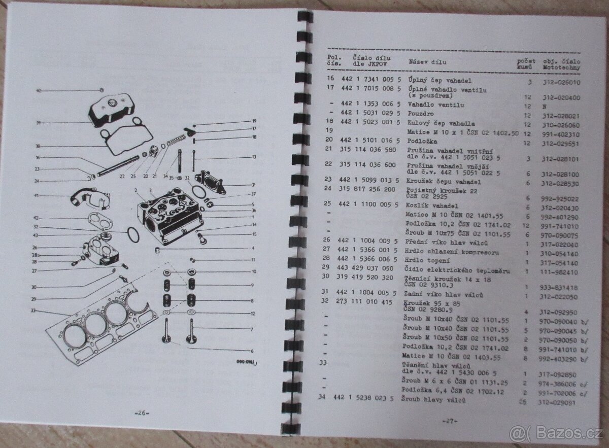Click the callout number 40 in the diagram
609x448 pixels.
click(x=38, y=90)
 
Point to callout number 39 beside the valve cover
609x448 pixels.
click(x=38, y=122)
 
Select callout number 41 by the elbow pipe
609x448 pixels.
click(x=37, y=195)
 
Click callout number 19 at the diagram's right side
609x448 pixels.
click(x=254, y=121)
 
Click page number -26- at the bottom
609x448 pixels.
click(x=141, y=412)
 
